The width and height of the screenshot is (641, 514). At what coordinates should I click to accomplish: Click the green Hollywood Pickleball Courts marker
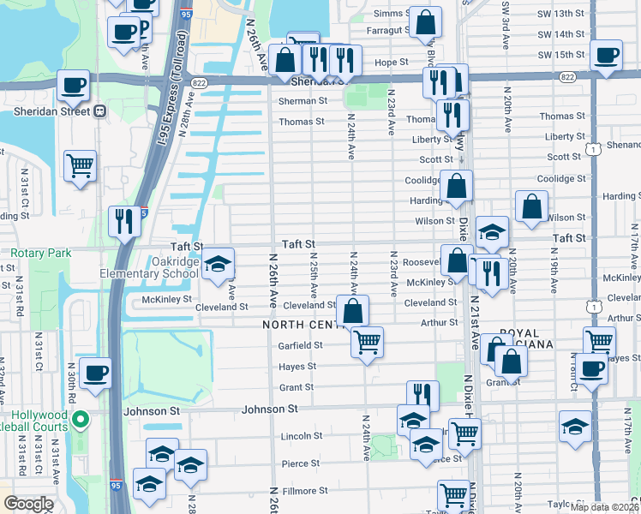pyautogui.click(x=81, y=420)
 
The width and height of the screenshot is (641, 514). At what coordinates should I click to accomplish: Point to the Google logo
pyautogui.click(x=28, y=504)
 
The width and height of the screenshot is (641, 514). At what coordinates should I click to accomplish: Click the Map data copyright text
pyautogui.click(x=604, y=507)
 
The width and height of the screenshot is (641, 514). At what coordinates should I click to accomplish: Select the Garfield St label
pyautogui.click(x=300, y=345)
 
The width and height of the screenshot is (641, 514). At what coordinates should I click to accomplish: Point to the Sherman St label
pyautogui.click(x=303, y=100)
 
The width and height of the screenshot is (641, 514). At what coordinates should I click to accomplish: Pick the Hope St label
pyautogui.click(x=391, y=63)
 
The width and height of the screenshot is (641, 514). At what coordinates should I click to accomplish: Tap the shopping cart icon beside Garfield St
pyautogui.click(x=368, y=342)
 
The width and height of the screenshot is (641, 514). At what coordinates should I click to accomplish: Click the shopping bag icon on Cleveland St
pyautogui.click(x=352, y=309)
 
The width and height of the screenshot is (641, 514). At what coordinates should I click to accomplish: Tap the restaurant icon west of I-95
pyautogui.click(x=125, y=221)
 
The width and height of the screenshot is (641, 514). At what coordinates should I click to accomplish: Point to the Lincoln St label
pyautogui.click(x=300, y=436)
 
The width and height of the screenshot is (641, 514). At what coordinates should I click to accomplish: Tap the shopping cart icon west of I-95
pyautogui.click(x=80, y=164)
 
